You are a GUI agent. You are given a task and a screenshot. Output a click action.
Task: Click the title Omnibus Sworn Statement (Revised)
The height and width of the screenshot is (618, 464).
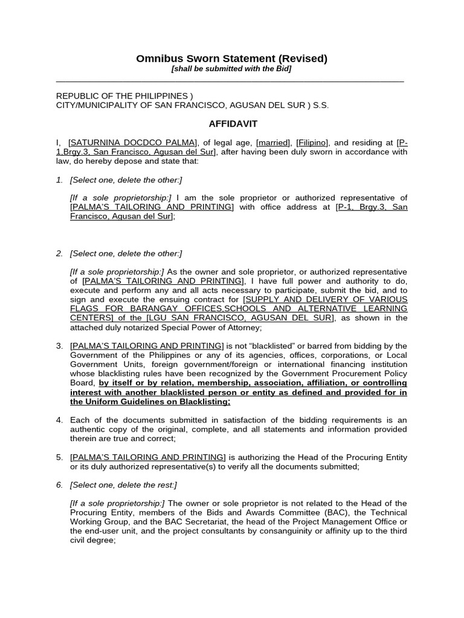click(231, 59)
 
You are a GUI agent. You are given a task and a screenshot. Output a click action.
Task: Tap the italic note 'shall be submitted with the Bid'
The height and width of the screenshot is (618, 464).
click(231, 69)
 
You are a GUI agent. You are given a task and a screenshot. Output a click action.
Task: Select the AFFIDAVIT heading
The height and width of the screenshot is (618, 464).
click(233, 124)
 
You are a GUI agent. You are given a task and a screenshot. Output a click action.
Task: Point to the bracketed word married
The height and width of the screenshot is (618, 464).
click(273, 142)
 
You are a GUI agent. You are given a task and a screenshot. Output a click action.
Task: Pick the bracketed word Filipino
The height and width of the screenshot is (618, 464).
click(312, 142)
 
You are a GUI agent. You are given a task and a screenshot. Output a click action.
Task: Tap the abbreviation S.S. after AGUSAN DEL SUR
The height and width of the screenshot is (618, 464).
click(321, 105)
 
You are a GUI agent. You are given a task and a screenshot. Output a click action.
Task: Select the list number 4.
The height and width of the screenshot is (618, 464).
click(60, 419)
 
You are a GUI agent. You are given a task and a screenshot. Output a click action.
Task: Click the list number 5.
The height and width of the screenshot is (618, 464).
click(60, 457)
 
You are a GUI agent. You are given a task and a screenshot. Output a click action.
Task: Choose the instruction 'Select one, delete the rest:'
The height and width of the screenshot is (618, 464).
click(123, 485)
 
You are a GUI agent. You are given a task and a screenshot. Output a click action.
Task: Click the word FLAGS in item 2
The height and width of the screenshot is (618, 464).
click(84, 308)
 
